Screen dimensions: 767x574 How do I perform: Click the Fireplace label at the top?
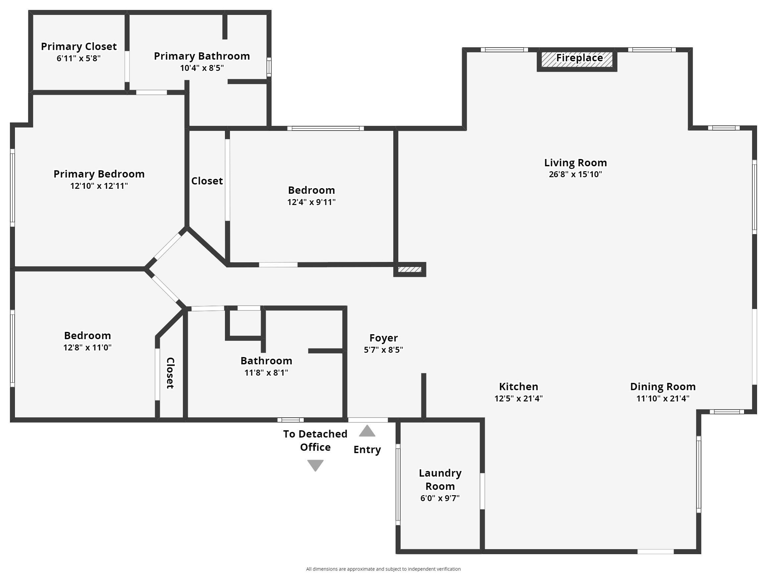(579, 58)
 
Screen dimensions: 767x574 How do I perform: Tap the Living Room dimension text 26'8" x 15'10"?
(575, 174)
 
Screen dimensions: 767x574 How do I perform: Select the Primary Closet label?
(79, 46)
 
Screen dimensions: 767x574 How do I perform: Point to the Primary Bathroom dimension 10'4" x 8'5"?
(202, 68)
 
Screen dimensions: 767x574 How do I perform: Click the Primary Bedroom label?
(99, 174)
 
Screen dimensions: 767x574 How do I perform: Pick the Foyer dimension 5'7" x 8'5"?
(383, 350)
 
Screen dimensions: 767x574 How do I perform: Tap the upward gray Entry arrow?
(367, 431)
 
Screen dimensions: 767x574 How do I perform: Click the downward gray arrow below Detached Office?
(315, 465)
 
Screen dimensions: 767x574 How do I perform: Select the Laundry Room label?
(440, 479)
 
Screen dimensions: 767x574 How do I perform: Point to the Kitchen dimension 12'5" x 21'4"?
(519, 398)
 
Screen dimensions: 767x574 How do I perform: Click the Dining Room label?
(663, 387)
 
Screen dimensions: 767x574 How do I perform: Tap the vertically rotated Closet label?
(170, 373)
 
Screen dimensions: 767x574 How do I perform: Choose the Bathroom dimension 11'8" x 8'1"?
(266, 373)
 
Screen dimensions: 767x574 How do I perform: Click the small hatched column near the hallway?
(410, 269)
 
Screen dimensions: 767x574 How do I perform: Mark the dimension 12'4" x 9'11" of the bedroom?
(311, 202)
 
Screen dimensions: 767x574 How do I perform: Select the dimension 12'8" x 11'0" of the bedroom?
(87, 347)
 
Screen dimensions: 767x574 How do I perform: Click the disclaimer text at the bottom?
(383, 569)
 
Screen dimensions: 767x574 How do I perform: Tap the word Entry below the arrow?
(367, 449)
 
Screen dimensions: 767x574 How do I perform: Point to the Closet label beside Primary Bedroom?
(207, 181)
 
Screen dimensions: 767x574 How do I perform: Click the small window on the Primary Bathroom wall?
(269, 67)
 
